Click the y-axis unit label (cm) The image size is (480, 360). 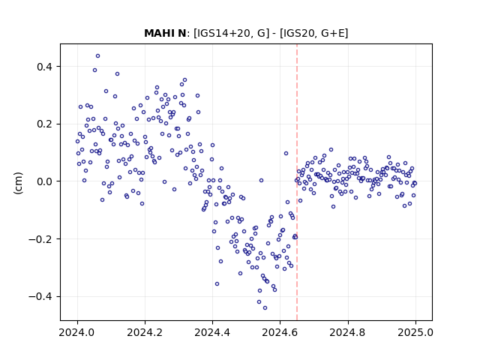[x=18, y=183]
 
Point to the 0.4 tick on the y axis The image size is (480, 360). [x=44, y=67]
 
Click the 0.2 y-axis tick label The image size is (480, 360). [x=44, y=124]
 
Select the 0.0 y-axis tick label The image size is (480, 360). [x=44, y=181]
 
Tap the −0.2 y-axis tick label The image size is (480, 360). [x=40, y=239]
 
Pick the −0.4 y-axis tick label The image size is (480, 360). [x=40, y=297]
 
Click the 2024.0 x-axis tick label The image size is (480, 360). [x=77, y=332]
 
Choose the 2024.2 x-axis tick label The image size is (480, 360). [x=145, y=332]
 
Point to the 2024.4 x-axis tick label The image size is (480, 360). [x=212, y=332]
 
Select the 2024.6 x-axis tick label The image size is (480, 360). [x=280, y=332]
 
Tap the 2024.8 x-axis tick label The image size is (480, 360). [x=348, y=332]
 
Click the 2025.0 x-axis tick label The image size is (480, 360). [x=415, y=332]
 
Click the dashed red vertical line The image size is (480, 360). [x=297, y=182]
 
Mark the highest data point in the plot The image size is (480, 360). [x=98, y=56]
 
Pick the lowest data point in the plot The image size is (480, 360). [x=265, y=308]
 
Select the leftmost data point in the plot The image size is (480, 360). [x=77, y=142]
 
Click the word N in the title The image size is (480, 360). [x=181, y=33]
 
